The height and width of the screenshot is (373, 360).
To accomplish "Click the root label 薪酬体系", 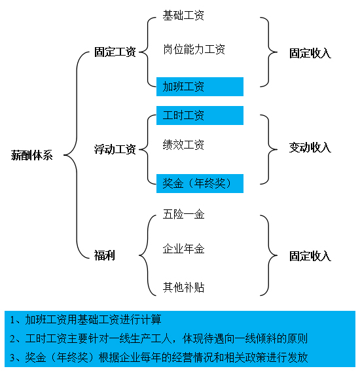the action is click(x=31, y=155).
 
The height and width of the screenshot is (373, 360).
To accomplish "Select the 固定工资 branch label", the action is click(x=115, y=52).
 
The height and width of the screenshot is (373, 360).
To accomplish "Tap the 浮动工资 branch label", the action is click(x=115, y=149).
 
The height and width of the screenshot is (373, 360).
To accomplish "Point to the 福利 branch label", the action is click(x=105, y=255).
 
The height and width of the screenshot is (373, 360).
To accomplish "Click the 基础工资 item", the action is click(x=183, y=16).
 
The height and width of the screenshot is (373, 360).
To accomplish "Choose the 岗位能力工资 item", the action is click(x=194, y=50).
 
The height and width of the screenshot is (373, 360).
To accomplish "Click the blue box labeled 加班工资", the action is click(x=200, y=86).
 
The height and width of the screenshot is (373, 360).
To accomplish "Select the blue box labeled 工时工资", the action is click(x=200, y=115).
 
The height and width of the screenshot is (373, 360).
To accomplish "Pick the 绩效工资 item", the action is click(x=183, y=145).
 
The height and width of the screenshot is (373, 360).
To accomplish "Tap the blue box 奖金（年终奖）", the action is click(x=200, y=183).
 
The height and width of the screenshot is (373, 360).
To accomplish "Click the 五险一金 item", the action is click(x=183, y=214).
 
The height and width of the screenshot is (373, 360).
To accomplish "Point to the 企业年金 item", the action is click(x=183, y=249).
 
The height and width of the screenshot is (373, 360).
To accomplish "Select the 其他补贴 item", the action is click(x=183, y=287).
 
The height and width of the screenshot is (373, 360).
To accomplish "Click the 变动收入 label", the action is click(x=310, y=147).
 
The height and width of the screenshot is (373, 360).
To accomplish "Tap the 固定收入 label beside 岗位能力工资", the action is click(x=310, y=53).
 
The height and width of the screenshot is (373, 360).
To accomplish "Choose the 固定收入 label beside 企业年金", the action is click(x=310, y=257).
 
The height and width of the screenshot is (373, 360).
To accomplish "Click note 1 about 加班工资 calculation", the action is click(x=86, y=319).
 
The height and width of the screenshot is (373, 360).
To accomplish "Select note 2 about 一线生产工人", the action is click(x=158, y=338).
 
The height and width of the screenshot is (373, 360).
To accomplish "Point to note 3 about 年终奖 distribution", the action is click(x=158, y=357).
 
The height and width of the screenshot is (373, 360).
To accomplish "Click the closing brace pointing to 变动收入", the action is click(x=268, y=150).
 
